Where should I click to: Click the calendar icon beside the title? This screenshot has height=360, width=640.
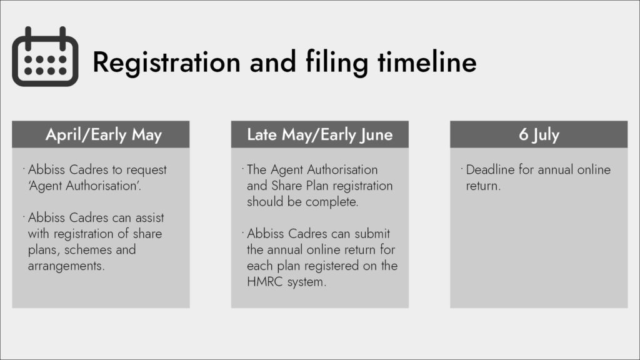pyautogui.click(x=45, y=56)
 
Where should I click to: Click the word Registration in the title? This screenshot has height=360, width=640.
pyautogui.click(x=166, y=62)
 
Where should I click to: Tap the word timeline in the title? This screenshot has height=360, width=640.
pyautogui.click(x=427, y=62)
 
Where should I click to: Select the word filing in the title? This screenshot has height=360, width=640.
pyautogui.click(x=337, y=62)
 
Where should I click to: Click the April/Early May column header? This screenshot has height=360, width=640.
pyautogui.click(x=104, y=134)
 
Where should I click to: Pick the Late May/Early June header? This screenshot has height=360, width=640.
pyautogui.click(x=319, y=134)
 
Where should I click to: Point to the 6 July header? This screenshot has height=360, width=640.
pyautogui.click(x=539, y=134)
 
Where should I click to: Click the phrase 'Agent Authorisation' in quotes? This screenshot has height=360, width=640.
pyautogui.click(x=84, y=186)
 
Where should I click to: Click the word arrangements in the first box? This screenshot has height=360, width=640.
pyautogui.click(x=66, y=266)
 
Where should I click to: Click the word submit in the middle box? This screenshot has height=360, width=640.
pyautogui.click(x=372, y=234)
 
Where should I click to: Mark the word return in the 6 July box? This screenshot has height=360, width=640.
pyautogui.click(x=483, y=186)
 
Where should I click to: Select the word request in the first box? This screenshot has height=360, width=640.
pyautogui.click(x=146, y=170)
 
